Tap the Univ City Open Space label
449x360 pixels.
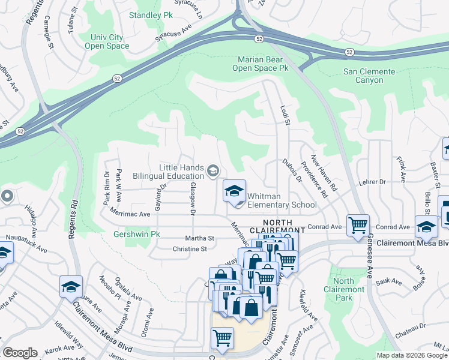[x=110, y=41]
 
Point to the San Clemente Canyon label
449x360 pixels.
[x=369, y=76]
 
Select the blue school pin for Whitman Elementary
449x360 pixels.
[x=234, y=191]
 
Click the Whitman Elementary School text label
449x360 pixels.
[x=282, y=205]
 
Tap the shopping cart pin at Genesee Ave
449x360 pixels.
[x=358, y=226]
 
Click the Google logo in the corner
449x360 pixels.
[x=20, y=353]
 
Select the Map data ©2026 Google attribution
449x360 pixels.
[x=412, y=355]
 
